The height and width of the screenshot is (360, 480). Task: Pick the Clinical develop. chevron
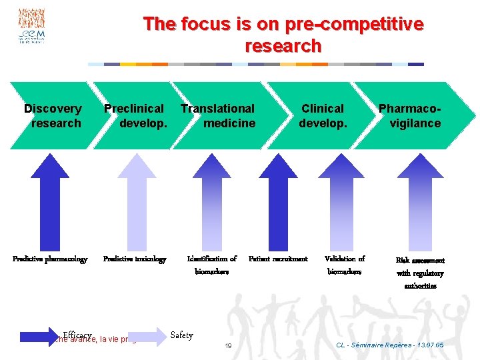(323, 115)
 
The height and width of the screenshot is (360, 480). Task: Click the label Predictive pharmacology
(50, 259)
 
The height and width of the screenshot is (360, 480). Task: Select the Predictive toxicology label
(135, 259)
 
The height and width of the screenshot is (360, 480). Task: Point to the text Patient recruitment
(278, 259)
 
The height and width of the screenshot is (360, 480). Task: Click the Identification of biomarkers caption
(212, 265)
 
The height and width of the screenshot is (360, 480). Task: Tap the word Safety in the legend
(181, 335)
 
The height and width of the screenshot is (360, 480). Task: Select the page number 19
(228, 346)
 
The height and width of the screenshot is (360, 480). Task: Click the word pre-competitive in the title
(354, 25)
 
